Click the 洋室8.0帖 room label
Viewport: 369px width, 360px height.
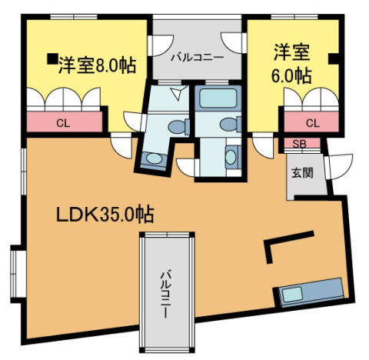click(96, 65)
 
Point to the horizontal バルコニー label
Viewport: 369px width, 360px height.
click(197, 57)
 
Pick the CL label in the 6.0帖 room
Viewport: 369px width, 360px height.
click(312, 123)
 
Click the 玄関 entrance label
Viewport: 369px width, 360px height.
click(301, 172)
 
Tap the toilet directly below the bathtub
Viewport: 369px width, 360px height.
click(228, 125)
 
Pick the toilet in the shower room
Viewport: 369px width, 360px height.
click(176, 126)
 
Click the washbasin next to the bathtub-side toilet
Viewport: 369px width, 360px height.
click(231, 158)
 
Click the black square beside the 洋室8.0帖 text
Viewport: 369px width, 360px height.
click(51, 57)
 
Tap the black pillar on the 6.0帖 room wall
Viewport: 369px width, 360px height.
click(333, 57)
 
